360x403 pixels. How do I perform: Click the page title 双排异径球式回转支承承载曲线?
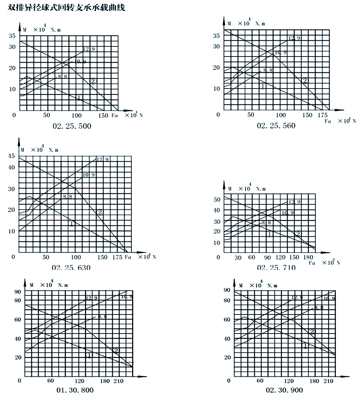(67, 8)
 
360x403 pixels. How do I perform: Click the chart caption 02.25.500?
(72, 126)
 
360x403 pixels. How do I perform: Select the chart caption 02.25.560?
(276, 126)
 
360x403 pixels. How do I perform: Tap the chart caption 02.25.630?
(71, 267)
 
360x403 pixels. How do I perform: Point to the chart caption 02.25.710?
(276, 267)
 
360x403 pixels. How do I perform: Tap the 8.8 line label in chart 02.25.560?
(268, 70)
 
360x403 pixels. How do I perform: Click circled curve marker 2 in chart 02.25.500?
(93, 81)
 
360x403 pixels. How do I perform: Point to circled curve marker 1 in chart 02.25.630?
(72, 223)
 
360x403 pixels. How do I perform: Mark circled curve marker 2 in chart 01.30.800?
(116, 350)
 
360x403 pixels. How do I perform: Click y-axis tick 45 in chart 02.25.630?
(12, 156)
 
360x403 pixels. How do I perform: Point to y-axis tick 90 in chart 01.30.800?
(18, 291)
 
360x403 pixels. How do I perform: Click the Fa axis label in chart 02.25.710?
(312, 263)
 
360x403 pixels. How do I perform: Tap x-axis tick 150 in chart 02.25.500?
(103, 115)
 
